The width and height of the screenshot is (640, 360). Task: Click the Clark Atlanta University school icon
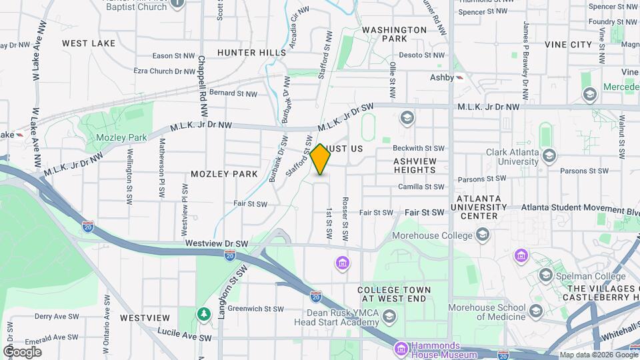click(x=549, y=156)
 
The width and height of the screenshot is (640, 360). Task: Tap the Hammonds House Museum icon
click(x=401, y=349)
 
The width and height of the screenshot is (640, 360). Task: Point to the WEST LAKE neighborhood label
click(x=89, y=43)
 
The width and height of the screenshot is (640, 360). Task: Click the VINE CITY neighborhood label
click(x=568, y=45)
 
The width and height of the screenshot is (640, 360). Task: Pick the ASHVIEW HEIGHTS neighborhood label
click(x=415, y=165)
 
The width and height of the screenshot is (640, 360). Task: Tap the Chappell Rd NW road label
click(x=201, y=79)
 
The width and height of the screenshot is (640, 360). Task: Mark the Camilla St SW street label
click(x=419, y=187)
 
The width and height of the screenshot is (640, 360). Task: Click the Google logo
click(x=22, y=351)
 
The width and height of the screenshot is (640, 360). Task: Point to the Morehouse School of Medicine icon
click(x=535, y=311)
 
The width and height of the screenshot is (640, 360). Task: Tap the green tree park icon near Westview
click(x=203, y=313)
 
